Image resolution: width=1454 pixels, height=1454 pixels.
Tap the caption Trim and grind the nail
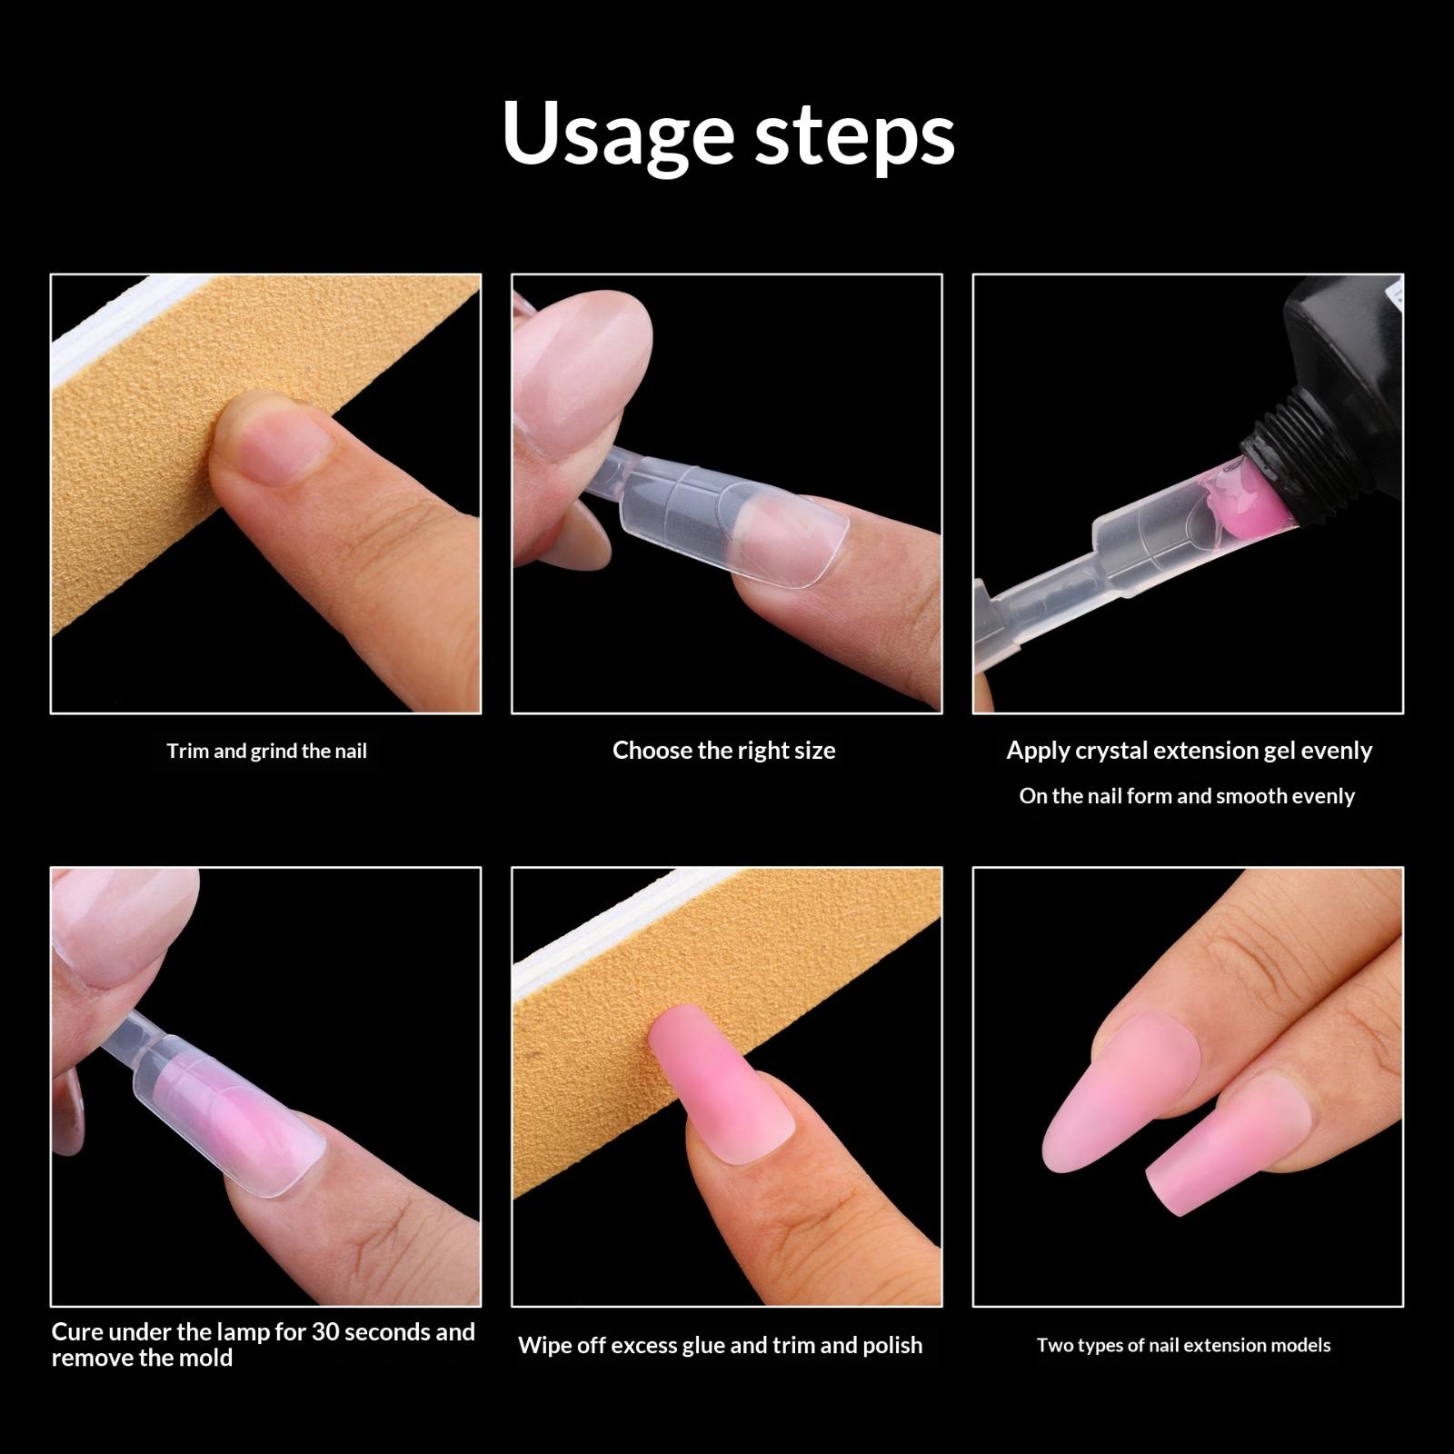coord(266,752)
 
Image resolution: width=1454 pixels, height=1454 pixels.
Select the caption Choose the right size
coord(723,751)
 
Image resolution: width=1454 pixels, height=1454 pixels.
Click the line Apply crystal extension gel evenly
coord(1189,751)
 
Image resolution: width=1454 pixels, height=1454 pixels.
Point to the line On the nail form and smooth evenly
coord(1187,796)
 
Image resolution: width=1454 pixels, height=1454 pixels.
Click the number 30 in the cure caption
coord(324,1331)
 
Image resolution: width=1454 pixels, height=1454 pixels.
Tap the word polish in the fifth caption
coord(890,1346)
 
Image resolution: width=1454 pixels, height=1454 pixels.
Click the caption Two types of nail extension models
coord(1183,1345)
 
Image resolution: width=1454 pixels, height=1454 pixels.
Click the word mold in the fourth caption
coord(204,1358)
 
